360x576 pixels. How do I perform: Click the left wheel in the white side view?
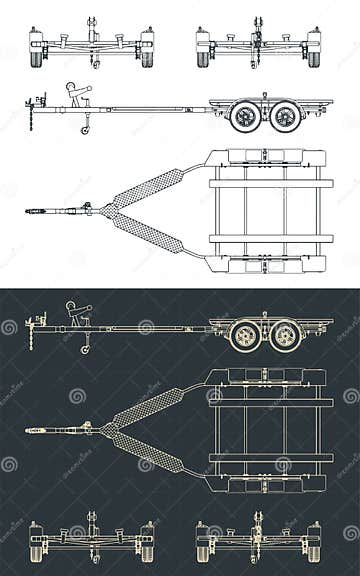(x=245, y=116)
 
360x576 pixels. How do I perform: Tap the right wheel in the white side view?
(x=286, y=116)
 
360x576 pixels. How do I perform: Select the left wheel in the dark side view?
(x=245, y=334)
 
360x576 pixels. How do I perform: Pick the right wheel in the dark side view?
(x=286, y=334)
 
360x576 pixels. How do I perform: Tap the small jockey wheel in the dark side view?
(x=86, y=348)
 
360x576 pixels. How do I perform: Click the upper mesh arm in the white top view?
(x=150, y=187)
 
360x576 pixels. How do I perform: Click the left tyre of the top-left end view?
(x=37, y=56)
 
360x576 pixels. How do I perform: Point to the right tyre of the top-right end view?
(x=314, y=56)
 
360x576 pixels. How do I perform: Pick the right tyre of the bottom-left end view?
(x=148, y=550)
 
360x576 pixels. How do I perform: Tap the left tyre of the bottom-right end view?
(x=203, y=550)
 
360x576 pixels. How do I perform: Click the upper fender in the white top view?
(x=265, y=158)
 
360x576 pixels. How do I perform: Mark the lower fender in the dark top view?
(x=265, y=483)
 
